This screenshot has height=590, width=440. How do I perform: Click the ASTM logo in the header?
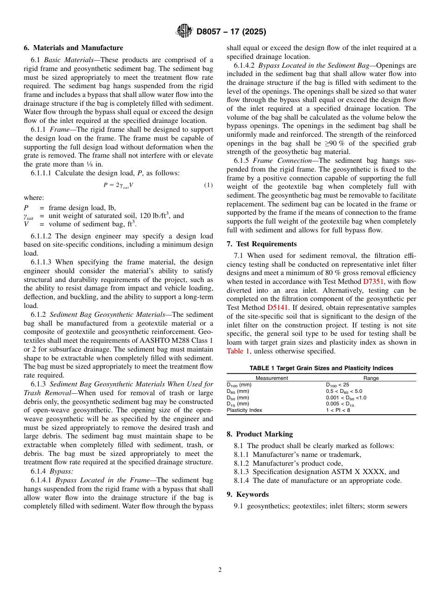click(x=184, y=32)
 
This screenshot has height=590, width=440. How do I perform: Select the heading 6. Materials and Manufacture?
click(x=73, y=48)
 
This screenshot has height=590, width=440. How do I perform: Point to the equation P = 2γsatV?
click(x=118, y=185)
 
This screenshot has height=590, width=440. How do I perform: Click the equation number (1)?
click(x=208, y=185)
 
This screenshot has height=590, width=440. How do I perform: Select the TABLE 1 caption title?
click(x=321, y=368)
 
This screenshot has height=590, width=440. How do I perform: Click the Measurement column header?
click(x=272, y=378)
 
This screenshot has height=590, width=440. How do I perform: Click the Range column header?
click(x=371, y=378)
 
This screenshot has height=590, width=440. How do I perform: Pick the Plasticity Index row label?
click(x=244, y=410)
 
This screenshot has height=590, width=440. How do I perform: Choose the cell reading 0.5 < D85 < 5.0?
click(x=344, y=391)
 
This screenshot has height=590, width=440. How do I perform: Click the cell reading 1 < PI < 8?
click(x=338, y=410)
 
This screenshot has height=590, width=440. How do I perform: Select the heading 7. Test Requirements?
click(x=262, y=244)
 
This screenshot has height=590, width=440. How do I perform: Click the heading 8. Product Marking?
click(x=259, y=434)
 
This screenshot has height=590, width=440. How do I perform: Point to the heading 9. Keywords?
click(x=247, y=494)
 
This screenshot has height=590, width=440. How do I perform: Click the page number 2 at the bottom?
click(x=220, y=570)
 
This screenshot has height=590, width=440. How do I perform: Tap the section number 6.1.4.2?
click(x=244, y=65)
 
